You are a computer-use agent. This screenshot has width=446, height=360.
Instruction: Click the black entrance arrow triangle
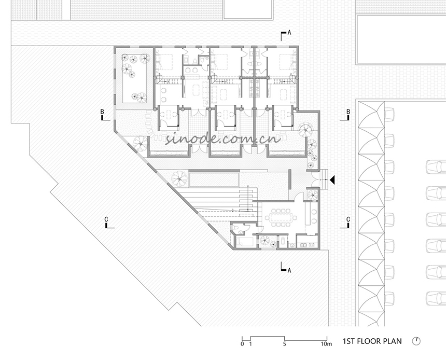click(332, 180)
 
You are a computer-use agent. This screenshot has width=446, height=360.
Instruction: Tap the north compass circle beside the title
click(416, 341)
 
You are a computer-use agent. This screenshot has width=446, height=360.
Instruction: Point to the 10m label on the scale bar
click(327, 344)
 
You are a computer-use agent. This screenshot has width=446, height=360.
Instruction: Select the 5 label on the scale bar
click(284, 344)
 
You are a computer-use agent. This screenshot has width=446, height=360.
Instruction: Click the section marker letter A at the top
click(289, 33)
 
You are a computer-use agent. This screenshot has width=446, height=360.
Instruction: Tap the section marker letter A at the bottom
click(289, 270)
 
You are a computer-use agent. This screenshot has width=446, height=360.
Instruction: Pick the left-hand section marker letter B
click(102, 112)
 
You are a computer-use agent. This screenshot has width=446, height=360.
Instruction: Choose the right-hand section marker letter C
click(348, 219)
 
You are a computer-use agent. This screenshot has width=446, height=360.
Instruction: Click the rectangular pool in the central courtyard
click(214, 178)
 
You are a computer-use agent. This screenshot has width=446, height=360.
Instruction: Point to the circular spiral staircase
click(306, 130)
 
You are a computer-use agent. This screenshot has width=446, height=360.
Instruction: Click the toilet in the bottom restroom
click(236, 228)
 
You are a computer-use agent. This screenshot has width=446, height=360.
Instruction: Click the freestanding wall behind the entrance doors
click(289, 179)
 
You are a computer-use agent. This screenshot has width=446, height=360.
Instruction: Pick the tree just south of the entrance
click(313, 195)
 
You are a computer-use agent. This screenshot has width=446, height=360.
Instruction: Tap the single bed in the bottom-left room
click(245, 242)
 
